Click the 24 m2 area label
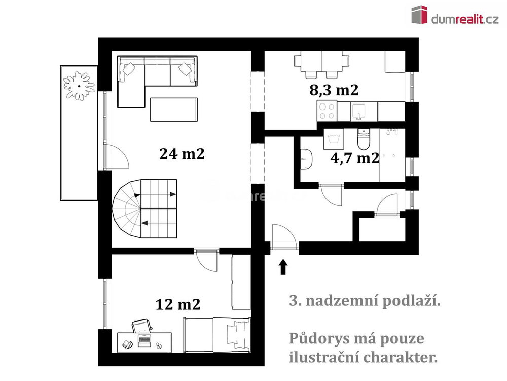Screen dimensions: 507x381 tap(182, 154)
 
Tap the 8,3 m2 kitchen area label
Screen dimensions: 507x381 tap(334, 90)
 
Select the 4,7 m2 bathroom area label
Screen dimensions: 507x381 tap(355, 158)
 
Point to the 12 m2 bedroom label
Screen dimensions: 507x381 tap(178, 304)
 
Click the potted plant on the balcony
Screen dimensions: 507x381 tap(79, 86)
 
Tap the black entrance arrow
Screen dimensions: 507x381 tap(283, 267)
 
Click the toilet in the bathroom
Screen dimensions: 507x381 tap(364, 140)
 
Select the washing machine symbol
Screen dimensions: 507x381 tap(334, 139)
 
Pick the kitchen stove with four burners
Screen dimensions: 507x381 tap(327, 111)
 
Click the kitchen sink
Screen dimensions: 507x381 tap(358, 112)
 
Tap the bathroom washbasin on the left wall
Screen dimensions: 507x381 tap(306, 159)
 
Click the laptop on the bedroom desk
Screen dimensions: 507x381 tap(144, 340)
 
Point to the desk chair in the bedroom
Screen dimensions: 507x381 tap(141, 326)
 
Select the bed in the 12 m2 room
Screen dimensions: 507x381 tap(217, 334)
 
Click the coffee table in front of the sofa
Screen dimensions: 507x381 tap(174, 110)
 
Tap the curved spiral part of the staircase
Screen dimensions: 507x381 tap(126, 209)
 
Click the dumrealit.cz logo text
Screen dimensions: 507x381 tap(464, 20)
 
